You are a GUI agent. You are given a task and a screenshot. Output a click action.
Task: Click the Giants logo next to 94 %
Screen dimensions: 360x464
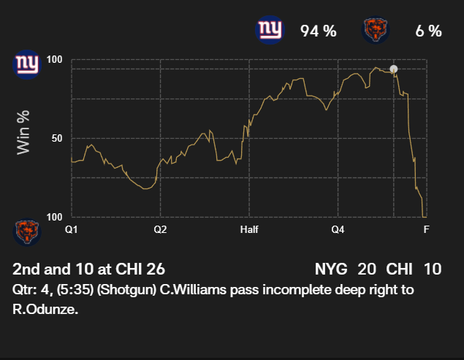(269, 30)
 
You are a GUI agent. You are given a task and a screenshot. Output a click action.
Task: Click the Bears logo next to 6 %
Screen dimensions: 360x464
(376, 30)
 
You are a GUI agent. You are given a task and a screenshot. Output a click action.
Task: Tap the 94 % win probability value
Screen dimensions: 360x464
(318, 31)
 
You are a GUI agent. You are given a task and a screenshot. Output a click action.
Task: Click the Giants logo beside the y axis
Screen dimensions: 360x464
(27, 63)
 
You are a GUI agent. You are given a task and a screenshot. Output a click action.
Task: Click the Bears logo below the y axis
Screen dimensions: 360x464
(27, 231)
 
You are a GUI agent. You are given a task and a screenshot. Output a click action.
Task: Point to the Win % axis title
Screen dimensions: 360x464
(24, 131)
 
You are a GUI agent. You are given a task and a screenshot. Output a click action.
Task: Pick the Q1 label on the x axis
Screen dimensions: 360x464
(71, 229)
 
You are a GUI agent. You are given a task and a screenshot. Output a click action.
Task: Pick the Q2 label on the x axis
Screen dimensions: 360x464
(160, 229)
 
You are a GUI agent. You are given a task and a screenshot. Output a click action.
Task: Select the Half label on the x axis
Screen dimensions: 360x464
(249, 229)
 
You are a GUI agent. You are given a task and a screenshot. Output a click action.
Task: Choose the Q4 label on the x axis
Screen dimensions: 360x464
(338, 229)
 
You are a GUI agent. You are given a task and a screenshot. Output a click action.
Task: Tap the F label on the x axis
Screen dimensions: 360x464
(426, 229)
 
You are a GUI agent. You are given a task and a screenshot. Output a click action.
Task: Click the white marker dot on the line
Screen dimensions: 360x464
(394, 69)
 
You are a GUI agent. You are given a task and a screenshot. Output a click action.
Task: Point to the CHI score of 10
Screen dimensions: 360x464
(433, 269)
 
